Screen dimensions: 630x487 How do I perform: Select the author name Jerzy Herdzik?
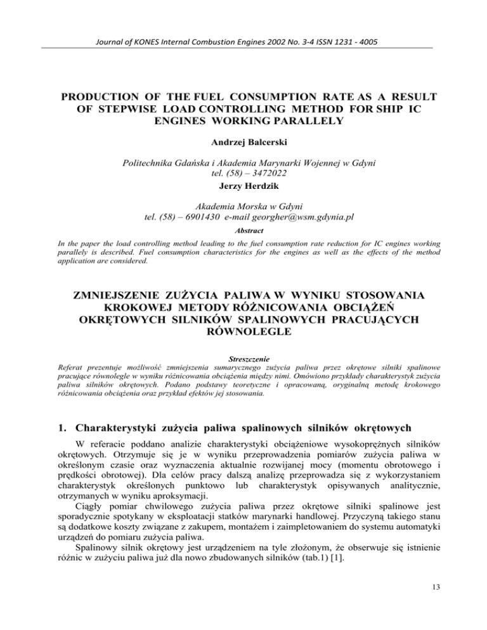[243, 187]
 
